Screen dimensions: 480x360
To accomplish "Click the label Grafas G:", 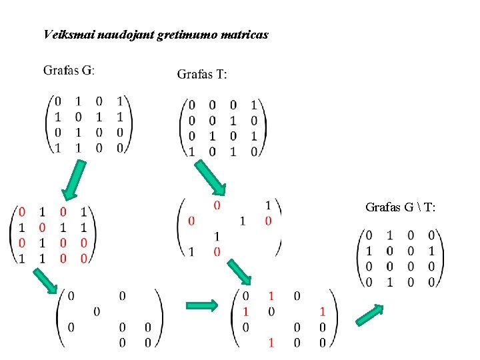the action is point(69,70).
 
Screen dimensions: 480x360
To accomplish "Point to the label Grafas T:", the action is point(202,74).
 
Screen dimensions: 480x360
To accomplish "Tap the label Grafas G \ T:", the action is point(401,207).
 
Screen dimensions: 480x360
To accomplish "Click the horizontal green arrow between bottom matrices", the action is point(201,306).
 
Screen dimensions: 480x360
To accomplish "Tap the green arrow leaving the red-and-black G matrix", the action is point(45,281).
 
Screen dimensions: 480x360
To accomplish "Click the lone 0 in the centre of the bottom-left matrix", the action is point(97,311).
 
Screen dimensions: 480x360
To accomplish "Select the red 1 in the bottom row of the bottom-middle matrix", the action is point(271,343).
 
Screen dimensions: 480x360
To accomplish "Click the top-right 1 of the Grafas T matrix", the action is point(253,105).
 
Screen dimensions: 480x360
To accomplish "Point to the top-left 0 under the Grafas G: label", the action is point(57,101).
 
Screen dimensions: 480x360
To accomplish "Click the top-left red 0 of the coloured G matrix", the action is point(22,212).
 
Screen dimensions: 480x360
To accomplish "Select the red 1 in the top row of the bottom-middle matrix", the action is point(271,295).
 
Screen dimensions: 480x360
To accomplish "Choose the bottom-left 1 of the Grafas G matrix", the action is point(57,148).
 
